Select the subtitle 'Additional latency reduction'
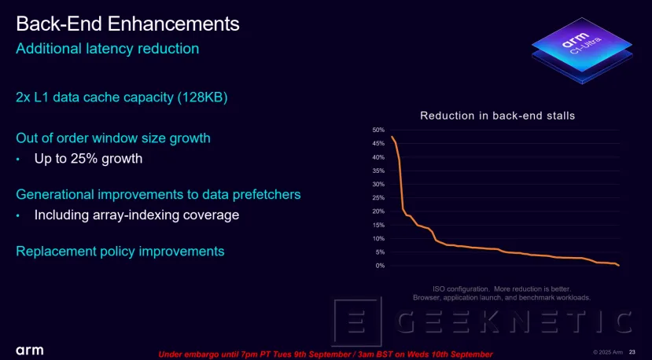click(x=107, y=49)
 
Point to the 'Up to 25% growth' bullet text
click(x=88, y=159)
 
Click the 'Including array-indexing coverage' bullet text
click(x=136, y=215)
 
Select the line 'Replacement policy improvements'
click(x=120, y=252)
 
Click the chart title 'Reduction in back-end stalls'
click(x=497, y=116)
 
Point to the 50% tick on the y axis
click(x=378, y=130)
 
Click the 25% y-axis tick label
click(x=378, y=198)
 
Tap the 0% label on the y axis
click(x=380, y=266)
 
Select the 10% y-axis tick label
click(x=378, y=239)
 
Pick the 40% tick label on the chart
click(x=378, y=157)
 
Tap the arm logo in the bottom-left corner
click(x=29, y=349)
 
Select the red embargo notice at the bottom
click(x=326, y=354)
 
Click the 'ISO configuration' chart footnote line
click(x=502, y=288)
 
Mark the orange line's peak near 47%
click(x=392, y=138)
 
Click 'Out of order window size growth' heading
click(x=113, y=138)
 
